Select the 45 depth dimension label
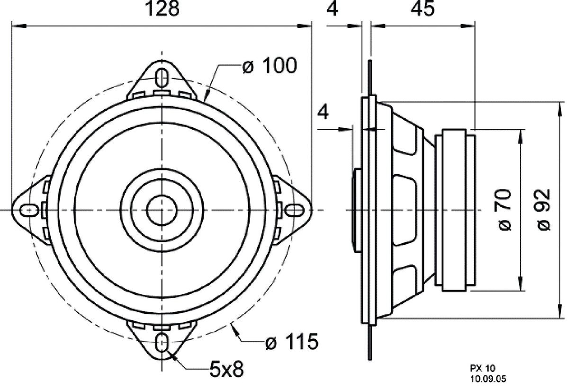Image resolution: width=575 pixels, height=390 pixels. (422, 9)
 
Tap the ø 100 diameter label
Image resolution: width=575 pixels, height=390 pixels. (270, 66)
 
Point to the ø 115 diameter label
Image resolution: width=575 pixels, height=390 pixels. (291, 342)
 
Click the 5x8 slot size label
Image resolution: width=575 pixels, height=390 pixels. (226, 369)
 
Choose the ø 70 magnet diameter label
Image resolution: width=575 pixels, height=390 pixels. (505, 209)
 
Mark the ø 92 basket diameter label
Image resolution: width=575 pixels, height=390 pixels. (545, 209)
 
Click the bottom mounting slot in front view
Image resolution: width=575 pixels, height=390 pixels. (162, 342)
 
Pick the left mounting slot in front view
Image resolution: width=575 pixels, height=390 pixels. (29, 209)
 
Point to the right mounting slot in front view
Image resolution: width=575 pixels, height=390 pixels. (294, 209)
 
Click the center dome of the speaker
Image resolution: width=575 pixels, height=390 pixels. (162, 209)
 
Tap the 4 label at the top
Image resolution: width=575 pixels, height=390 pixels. (333, 9)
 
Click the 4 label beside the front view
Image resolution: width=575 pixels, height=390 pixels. (323, 113)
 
